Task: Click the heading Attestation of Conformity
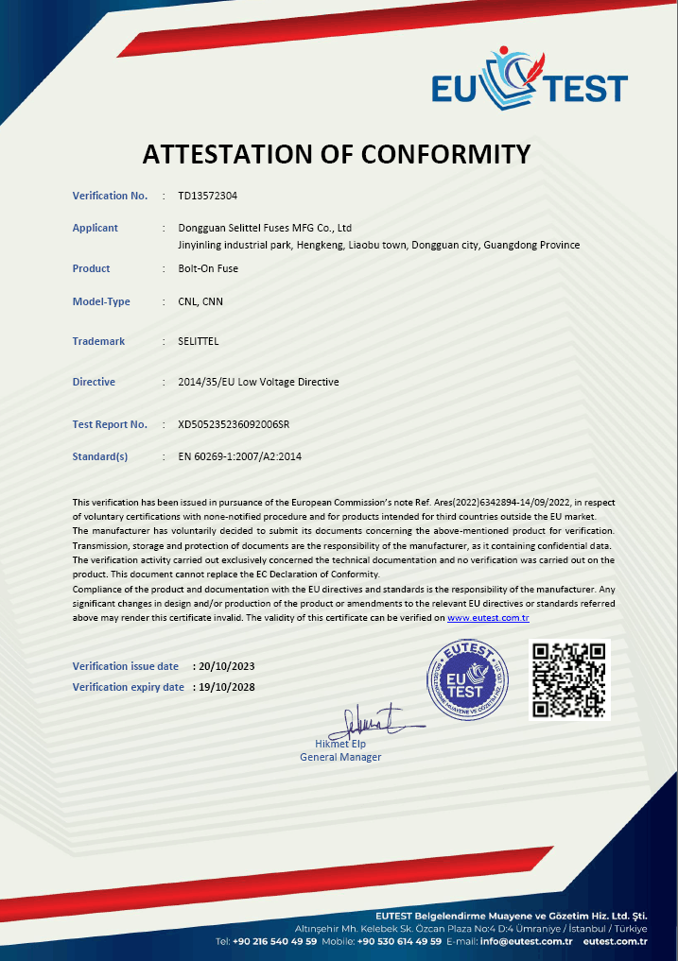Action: [x=337, y=153]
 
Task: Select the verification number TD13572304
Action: [x=207, y=196]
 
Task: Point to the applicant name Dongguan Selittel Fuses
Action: [x=265, y=228]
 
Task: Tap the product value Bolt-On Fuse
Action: [x=208, y=268]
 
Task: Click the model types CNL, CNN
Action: [x=200, y=301]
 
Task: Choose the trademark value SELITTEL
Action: [x=198, y=341]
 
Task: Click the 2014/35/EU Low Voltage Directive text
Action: [x=258, y=382]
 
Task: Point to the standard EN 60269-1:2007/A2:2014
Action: [x=239, y=456]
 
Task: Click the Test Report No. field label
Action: [x=110, y=424]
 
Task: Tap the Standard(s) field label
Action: [x=99, y=456]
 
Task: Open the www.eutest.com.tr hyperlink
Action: [x=488, y=617]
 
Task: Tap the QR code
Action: [x=569, y=680]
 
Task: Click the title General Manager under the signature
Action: [x=340, y=757]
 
